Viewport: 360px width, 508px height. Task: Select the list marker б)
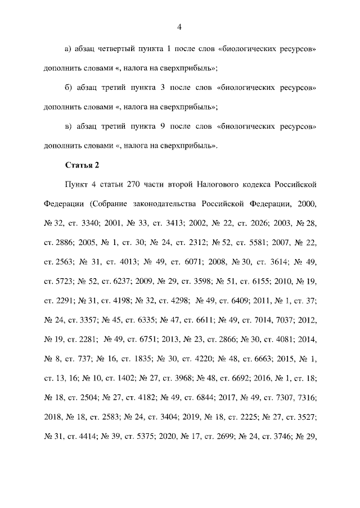tap(69, 88)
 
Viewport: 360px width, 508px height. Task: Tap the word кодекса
tap(270, 184)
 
